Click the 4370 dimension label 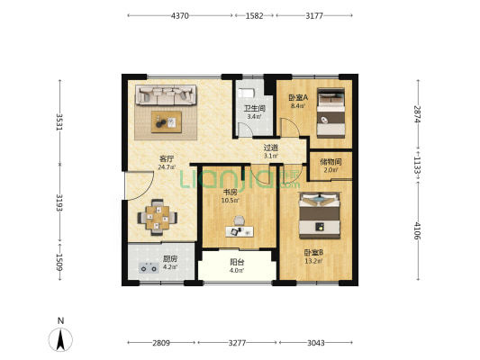point(180,15)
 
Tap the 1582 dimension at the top point(254,15)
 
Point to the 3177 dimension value point(314,15)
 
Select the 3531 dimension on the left point(59,121)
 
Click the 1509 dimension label point(59,262)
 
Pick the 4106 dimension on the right point(417,231)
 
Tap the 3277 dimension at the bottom point(237,343)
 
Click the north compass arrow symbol point(60,339)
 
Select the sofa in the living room point(166,95)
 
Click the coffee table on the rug point(167,122)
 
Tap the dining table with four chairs point(158,218)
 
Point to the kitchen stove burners point(149,267)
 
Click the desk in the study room point(240,231)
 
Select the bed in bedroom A point(331,112)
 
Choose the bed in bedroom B point(320,216)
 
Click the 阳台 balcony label point(237,262)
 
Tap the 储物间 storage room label point(331,162)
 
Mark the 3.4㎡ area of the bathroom point(254,116)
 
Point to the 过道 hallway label point(271,148)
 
